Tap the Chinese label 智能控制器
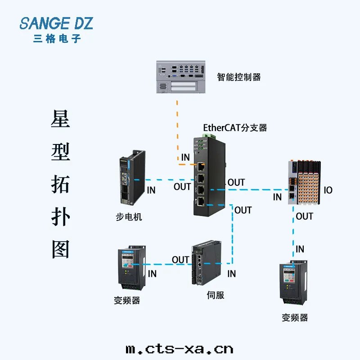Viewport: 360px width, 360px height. tap(238, 77)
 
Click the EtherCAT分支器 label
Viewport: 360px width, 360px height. tap(235, 128)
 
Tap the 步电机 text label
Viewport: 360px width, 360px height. tap(129, 217)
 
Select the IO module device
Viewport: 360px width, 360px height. tap(304, 183)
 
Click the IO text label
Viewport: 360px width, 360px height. tap(328, 190)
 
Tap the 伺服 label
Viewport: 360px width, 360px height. tap(215, 295)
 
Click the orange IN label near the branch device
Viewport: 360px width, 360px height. tap(185, 157)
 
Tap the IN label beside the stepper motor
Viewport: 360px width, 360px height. tap(151, 190)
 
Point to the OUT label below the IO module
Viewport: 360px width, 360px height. tap(304, 216)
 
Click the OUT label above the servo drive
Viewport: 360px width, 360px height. tap(180, 260)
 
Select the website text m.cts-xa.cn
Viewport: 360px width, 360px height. tap(179, 349)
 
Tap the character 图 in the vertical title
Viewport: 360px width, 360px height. tap(60, 249)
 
